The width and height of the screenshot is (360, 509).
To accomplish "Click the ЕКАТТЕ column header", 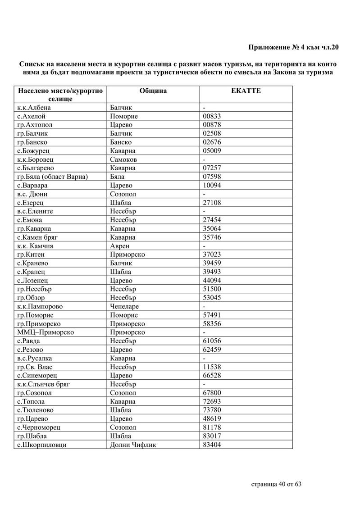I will click(x=246, y=91).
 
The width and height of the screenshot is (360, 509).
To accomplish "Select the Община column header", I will click(x=153, y=91).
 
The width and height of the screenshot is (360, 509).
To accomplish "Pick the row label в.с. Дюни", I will click(x=32, y=194).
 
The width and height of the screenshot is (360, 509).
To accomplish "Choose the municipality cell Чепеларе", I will click(x=127, y=306).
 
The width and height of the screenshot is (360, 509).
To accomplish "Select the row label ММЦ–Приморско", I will click(x=45, y=332).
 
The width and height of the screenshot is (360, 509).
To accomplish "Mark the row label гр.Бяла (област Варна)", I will click(x=52, y=177).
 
